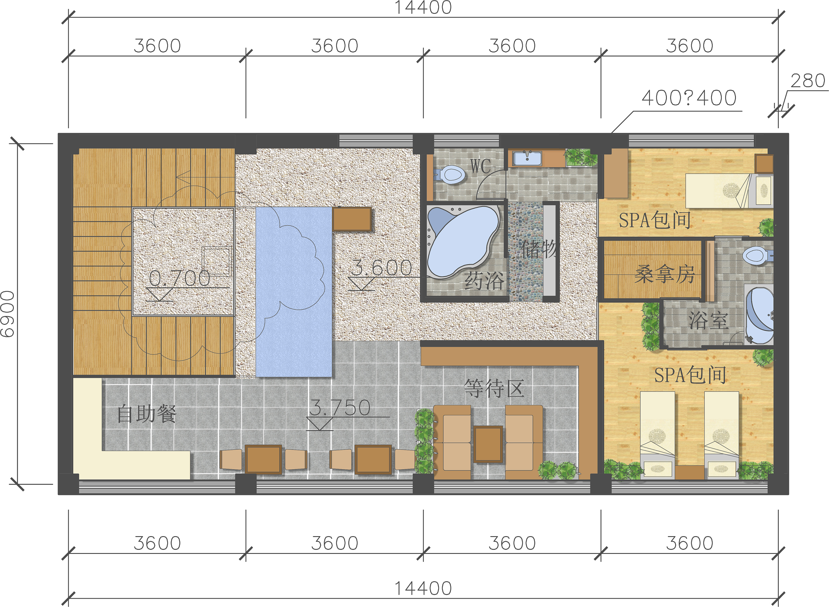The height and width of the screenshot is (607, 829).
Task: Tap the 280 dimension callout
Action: (808, 81)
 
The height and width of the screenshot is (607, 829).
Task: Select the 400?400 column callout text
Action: (689, 98)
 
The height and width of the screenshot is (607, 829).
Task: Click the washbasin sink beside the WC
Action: (527, 158)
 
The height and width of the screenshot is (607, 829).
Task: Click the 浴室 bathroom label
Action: (708, 320)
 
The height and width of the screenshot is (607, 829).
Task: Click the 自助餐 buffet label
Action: (147, 414)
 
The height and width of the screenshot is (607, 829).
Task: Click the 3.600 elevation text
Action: (382, 268)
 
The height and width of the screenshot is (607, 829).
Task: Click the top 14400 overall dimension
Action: (423, 7)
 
